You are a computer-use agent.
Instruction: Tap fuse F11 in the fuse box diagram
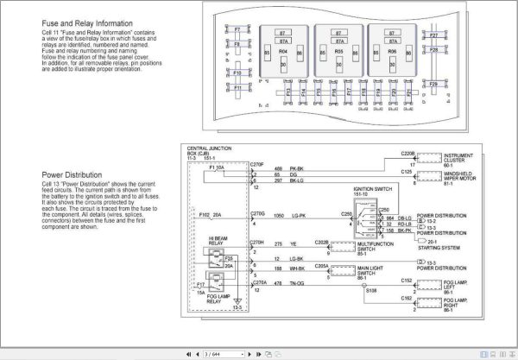[x=237, y=87]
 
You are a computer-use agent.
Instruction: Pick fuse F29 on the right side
[x=433, y=84]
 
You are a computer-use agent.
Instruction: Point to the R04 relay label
[x=284, y=52]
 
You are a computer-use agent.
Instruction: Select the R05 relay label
[x=338, y=52]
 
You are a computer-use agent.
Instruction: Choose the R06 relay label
[x=392, y=52]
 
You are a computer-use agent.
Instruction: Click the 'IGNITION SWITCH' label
[x=372, y=189]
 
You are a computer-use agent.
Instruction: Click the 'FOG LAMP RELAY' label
[x=218, y=299]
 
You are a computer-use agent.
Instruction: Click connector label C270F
[x=256, y=164]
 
